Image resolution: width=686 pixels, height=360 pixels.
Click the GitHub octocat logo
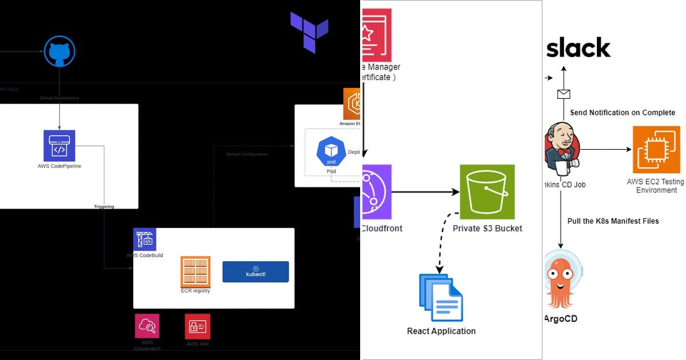(59, 52)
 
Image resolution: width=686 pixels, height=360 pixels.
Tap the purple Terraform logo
(309, 33)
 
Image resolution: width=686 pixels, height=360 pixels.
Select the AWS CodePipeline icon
(59, 146)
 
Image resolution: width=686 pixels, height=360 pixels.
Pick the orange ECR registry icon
(196, 271)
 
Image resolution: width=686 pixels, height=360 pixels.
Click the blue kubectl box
(256, 272)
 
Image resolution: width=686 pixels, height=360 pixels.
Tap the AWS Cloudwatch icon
(147, 326)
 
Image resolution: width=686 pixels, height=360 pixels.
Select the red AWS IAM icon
(197, 326)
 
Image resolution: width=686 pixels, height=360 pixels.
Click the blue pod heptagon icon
(332, 153)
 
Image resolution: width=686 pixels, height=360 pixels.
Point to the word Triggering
(104, 206)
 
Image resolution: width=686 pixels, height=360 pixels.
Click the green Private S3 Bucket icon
(487, 192)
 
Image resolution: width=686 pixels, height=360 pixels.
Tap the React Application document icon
(441, 298)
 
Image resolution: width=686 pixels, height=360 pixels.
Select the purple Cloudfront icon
(377, 192)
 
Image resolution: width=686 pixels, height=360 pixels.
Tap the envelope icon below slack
(563, 94)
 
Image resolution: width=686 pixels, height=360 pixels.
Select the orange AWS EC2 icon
(656, 150)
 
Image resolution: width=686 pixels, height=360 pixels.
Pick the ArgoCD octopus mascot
(563, 280)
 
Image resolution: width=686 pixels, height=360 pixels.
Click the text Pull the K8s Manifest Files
(613, 221)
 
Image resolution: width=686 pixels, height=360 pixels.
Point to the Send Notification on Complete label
(623, 113)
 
